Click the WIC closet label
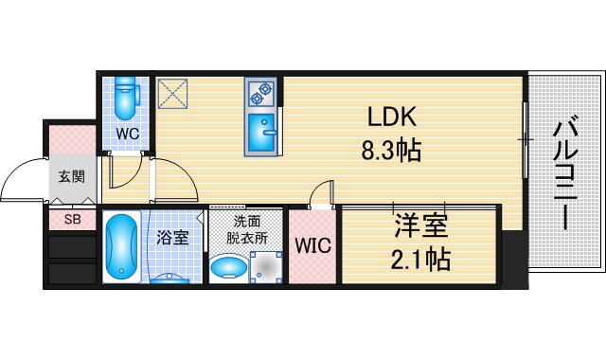[312, 246]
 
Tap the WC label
[128, 134]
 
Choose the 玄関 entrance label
[70, 175]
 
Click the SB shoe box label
[72, 220]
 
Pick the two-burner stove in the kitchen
[260, 92]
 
